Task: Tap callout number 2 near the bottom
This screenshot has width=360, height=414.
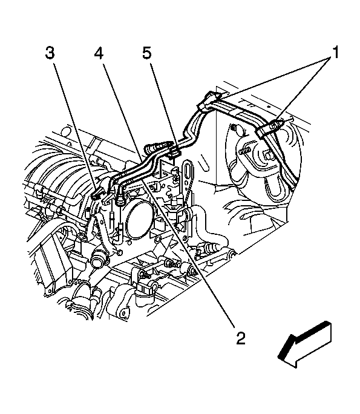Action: click(240, 338)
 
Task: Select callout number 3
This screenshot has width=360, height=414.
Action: click(50, 52)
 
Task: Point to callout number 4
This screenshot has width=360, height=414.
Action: click(99, 53)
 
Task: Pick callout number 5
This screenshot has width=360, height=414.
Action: click(147, 52)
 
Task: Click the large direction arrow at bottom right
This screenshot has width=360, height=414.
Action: click(304, 344)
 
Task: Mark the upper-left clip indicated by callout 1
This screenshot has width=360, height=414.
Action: click(209, 100)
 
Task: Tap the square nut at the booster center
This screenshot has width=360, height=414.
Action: click(267, 155)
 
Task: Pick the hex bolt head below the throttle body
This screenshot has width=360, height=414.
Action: click(119, 252)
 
